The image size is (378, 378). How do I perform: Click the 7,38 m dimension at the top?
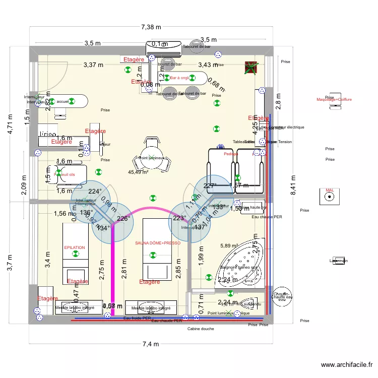[x=151, y=27]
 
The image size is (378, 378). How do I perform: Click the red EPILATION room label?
[x=74, y=247]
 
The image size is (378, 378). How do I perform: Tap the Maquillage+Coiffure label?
[x=334, y=100]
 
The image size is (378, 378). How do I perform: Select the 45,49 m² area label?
[x=138, y=172]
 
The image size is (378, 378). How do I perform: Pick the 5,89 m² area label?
[x=229, y=246]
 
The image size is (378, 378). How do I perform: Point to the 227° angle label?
[x=210, y=185]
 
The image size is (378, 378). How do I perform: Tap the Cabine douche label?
[x=200, y=329]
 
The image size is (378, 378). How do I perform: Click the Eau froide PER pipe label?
[x=137, y=318]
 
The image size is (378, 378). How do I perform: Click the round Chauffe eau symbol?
[x=281, y=296]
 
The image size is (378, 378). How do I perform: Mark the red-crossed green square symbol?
[x=251, y=67]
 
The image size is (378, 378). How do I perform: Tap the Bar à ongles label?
[x=180, y=78]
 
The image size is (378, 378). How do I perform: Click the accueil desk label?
[x=63, y=101]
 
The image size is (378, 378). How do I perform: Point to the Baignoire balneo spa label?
[x=239, y=267]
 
